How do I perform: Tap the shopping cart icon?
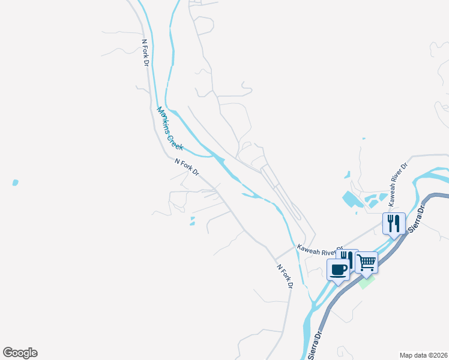pyautogui.click(x=366, y=262)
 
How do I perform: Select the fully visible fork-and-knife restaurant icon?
pyautogui.click(x=394, y=224)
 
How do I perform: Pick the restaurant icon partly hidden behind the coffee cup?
pyautogui.click(x=350, y=257)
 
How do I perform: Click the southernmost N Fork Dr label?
pyautogui.click(x=284, y=276)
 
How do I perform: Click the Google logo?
pyautogui.click(x=20, y=353)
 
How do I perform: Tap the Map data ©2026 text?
pyautogui.click(x=423, y=355)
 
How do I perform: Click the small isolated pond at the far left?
pyautogui.click(x=15, y=182)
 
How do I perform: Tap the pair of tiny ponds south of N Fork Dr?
pyautogui.click(x=192, y=221)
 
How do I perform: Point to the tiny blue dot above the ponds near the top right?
pyautogui.click(x=364, y=139)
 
